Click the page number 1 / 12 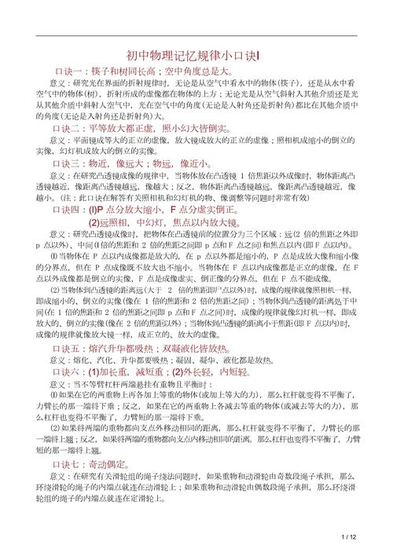pos(349,536)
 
